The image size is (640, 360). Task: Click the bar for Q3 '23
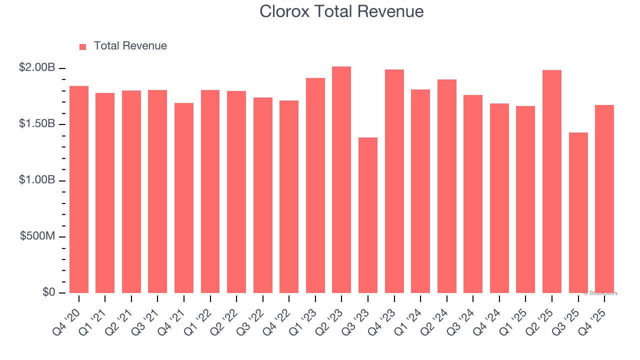point(368,215)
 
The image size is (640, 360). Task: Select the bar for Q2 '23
point(341,179)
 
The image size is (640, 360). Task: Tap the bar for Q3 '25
point(578,212)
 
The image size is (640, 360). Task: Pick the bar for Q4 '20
point(79,189)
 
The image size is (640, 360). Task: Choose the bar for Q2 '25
point(552,181)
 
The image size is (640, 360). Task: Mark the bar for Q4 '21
point(184,198)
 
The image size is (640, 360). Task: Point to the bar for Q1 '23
point(315,185)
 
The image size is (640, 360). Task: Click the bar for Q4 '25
point(604,199)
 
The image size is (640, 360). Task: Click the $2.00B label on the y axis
point(37,67)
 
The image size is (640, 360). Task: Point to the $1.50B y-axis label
point(37,124)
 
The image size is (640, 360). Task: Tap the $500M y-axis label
point(37,236)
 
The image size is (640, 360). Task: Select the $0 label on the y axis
point(48,292)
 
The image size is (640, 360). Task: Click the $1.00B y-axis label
point(37,180)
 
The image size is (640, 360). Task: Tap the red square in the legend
point(83,47)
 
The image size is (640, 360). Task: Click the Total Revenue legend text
point(130,46)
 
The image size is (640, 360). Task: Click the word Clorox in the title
point(283,11)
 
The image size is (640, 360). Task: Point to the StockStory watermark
point(600,293)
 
